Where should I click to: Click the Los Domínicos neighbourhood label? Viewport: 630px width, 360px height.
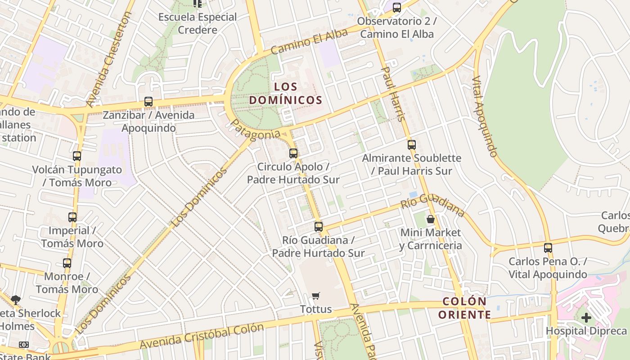click(286, 93)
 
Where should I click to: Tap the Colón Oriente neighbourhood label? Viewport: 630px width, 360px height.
click(464, 308)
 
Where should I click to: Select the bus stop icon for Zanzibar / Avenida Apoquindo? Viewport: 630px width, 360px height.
click(148, 102)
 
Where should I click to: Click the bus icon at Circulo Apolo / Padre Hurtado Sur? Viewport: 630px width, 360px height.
click(293, 153)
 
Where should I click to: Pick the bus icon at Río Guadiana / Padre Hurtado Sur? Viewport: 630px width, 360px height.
click(319, 227)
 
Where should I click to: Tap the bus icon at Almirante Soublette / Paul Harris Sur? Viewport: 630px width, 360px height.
click(411, 145)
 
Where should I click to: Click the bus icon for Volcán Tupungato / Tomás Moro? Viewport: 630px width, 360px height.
click(77, 156)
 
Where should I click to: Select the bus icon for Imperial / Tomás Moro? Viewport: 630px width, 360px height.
click(72, 217)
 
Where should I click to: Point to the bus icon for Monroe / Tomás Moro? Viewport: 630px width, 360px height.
click(67, 263)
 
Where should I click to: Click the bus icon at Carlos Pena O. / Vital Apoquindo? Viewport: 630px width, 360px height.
click(548, 248)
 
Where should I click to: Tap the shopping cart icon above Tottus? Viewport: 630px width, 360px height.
click(316, 296)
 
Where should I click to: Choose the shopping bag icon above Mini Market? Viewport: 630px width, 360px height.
click(431, 220)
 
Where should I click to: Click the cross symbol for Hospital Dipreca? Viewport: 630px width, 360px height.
click(586, 318)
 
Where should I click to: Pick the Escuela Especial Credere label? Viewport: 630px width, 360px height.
click(198, 23)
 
